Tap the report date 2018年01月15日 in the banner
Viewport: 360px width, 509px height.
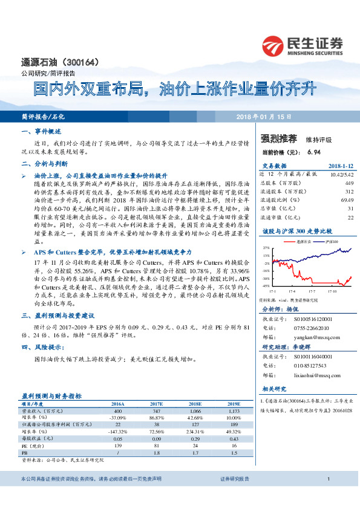pyautogui.click(x=263, y=117)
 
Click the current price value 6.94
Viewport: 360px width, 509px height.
pyautogui.click(x=313, y=152)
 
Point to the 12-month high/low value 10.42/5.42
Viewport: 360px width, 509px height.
pyautogui.click(x=340, y=173)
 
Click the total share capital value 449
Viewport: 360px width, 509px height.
pyautogui.click(x=349, y=183)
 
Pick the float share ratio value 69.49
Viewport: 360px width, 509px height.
pyautogui.click(x=347, y=199)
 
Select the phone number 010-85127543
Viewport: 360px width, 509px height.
pyautogui.click(x=310, y=366)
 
